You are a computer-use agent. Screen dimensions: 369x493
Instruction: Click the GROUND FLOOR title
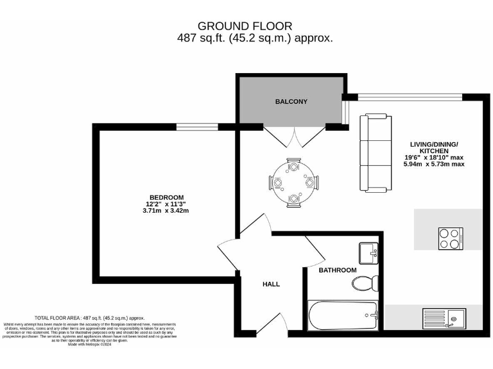245,26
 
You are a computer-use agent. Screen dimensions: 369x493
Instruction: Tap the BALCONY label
291,102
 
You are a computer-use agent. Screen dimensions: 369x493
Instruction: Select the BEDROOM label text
166,197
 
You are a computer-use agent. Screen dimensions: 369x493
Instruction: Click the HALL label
271,284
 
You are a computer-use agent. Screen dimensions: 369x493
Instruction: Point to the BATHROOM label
338,270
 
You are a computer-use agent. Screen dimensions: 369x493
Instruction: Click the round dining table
294,183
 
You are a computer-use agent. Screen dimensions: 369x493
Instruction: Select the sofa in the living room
374,152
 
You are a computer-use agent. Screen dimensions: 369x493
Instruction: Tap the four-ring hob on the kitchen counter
451,238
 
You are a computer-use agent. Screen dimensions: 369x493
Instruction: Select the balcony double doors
293,135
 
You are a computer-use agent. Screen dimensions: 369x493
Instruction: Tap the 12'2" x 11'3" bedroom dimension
166,204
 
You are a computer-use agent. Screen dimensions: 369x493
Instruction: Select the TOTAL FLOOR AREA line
89,318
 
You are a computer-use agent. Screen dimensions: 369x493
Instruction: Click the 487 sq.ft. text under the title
254,38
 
